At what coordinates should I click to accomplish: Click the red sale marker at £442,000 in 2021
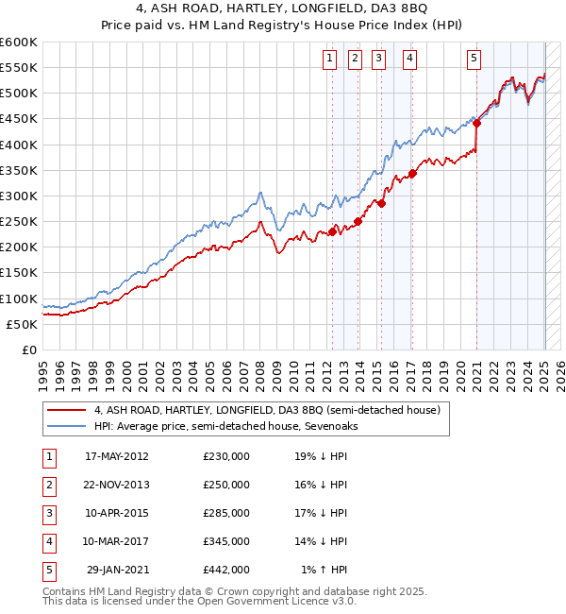pyautogui.click(x=477, y=123)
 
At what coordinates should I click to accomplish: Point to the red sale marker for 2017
pyautogui.click(x=412, y=174)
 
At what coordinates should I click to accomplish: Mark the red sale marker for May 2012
pyautogui.click(x=333, y=231)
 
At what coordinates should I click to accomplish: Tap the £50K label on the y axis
pyautogui.click(x=23, y=324)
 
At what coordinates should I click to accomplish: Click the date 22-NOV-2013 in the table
pyautogui.click(x=117, y=485)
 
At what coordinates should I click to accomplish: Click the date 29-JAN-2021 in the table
pyautogui.click(x=117, y=570)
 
